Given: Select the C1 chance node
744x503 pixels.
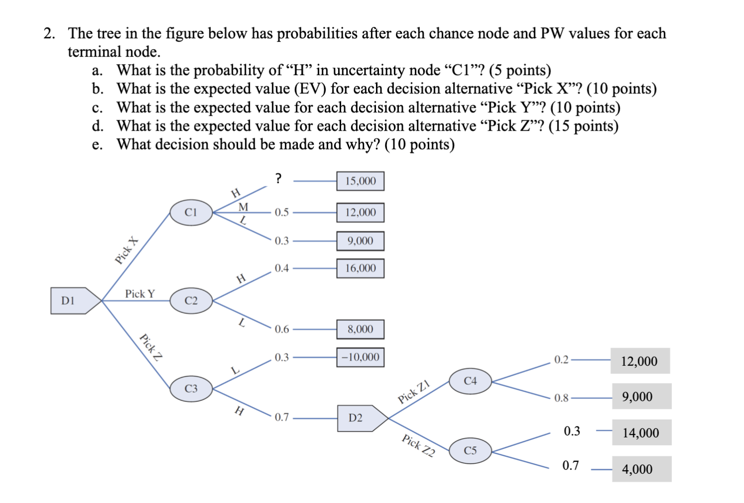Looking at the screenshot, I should coord(191,213).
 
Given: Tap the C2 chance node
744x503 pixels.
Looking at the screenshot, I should coord(191,301).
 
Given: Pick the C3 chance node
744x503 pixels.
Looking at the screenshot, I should coord(191,389).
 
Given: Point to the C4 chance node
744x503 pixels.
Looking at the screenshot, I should coord(470,381).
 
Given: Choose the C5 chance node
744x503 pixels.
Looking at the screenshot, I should coord(470,451).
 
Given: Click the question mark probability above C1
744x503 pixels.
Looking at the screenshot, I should coord(279,178).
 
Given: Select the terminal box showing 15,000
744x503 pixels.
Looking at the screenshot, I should coord(361,181).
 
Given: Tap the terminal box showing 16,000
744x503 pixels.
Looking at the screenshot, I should coord(361,268).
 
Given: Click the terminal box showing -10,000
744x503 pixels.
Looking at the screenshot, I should coord(361,357).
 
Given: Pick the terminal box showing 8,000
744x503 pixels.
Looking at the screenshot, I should coord(361,329).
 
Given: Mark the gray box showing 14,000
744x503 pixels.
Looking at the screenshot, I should coord(641,433).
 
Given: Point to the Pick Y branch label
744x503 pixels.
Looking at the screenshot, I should coord(140,294).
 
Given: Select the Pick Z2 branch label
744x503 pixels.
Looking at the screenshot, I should coord(418,445).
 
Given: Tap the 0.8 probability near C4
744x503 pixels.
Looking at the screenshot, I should coord(561,398).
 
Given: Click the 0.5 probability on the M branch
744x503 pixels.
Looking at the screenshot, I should coord(281,213).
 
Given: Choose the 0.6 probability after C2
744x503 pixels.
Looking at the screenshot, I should coord(281,329).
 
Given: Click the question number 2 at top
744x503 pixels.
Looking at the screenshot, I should coord(49,33).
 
